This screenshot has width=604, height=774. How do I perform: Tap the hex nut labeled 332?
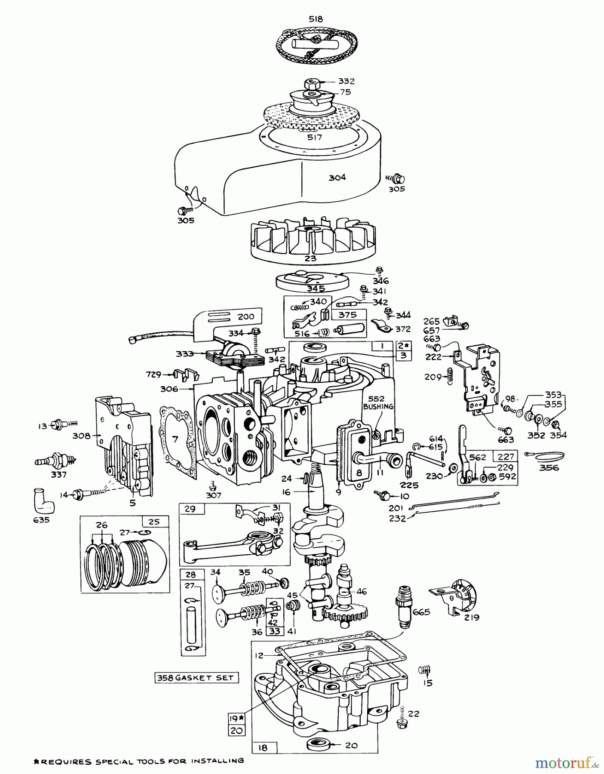(x=311, y=82)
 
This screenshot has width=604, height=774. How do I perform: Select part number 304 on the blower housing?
(x=337, y=177)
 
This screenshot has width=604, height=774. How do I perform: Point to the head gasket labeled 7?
(x=175, y=439)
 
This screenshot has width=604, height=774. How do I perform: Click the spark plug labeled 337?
(x=56, y=461)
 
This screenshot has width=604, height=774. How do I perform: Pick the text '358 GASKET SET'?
(x=196, y=678)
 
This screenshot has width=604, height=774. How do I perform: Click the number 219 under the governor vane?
(x=472, y=617)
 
